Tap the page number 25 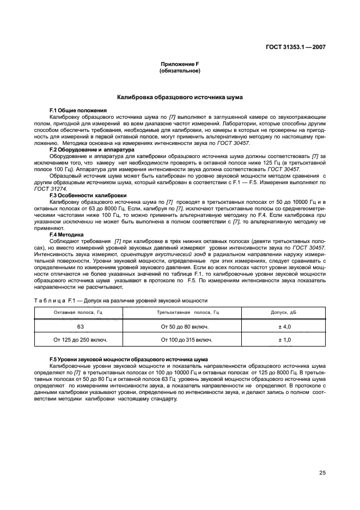point(322,472)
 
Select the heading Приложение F point(180,64)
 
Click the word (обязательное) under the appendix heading point(180,71)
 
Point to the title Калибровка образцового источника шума point(180,97)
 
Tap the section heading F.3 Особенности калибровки point(88,195)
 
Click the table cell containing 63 point(80,326)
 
